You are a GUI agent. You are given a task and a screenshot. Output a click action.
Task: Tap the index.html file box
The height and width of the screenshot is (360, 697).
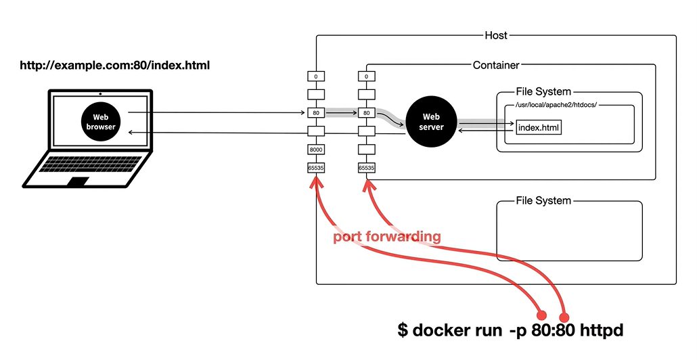coord(539,127)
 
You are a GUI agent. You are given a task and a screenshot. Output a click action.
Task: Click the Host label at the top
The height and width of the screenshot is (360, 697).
coord(496,35)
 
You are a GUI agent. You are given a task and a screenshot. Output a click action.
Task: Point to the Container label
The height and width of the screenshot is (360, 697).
coord(496,66)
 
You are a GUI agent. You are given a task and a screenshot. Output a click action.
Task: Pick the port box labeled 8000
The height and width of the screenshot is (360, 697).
coord(316,150)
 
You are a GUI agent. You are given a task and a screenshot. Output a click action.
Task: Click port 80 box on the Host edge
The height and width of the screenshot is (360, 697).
coord(316,112)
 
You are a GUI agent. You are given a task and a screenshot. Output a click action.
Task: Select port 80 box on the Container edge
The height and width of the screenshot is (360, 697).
coord(366,112)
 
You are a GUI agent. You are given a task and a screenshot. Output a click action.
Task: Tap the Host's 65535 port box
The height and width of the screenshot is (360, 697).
coord(316,168)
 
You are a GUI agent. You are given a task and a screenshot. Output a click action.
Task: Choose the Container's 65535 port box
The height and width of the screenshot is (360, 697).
coord(366,168)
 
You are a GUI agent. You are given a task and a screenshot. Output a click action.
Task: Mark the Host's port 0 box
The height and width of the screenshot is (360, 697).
coord(316,76)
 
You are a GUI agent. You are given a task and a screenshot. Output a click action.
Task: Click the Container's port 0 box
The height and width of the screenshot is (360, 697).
coord(366,76)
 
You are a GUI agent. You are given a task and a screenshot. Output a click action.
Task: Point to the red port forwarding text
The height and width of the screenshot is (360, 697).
coord(387,237)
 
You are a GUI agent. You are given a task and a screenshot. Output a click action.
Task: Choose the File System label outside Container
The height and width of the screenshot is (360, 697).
coord(543,200)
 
